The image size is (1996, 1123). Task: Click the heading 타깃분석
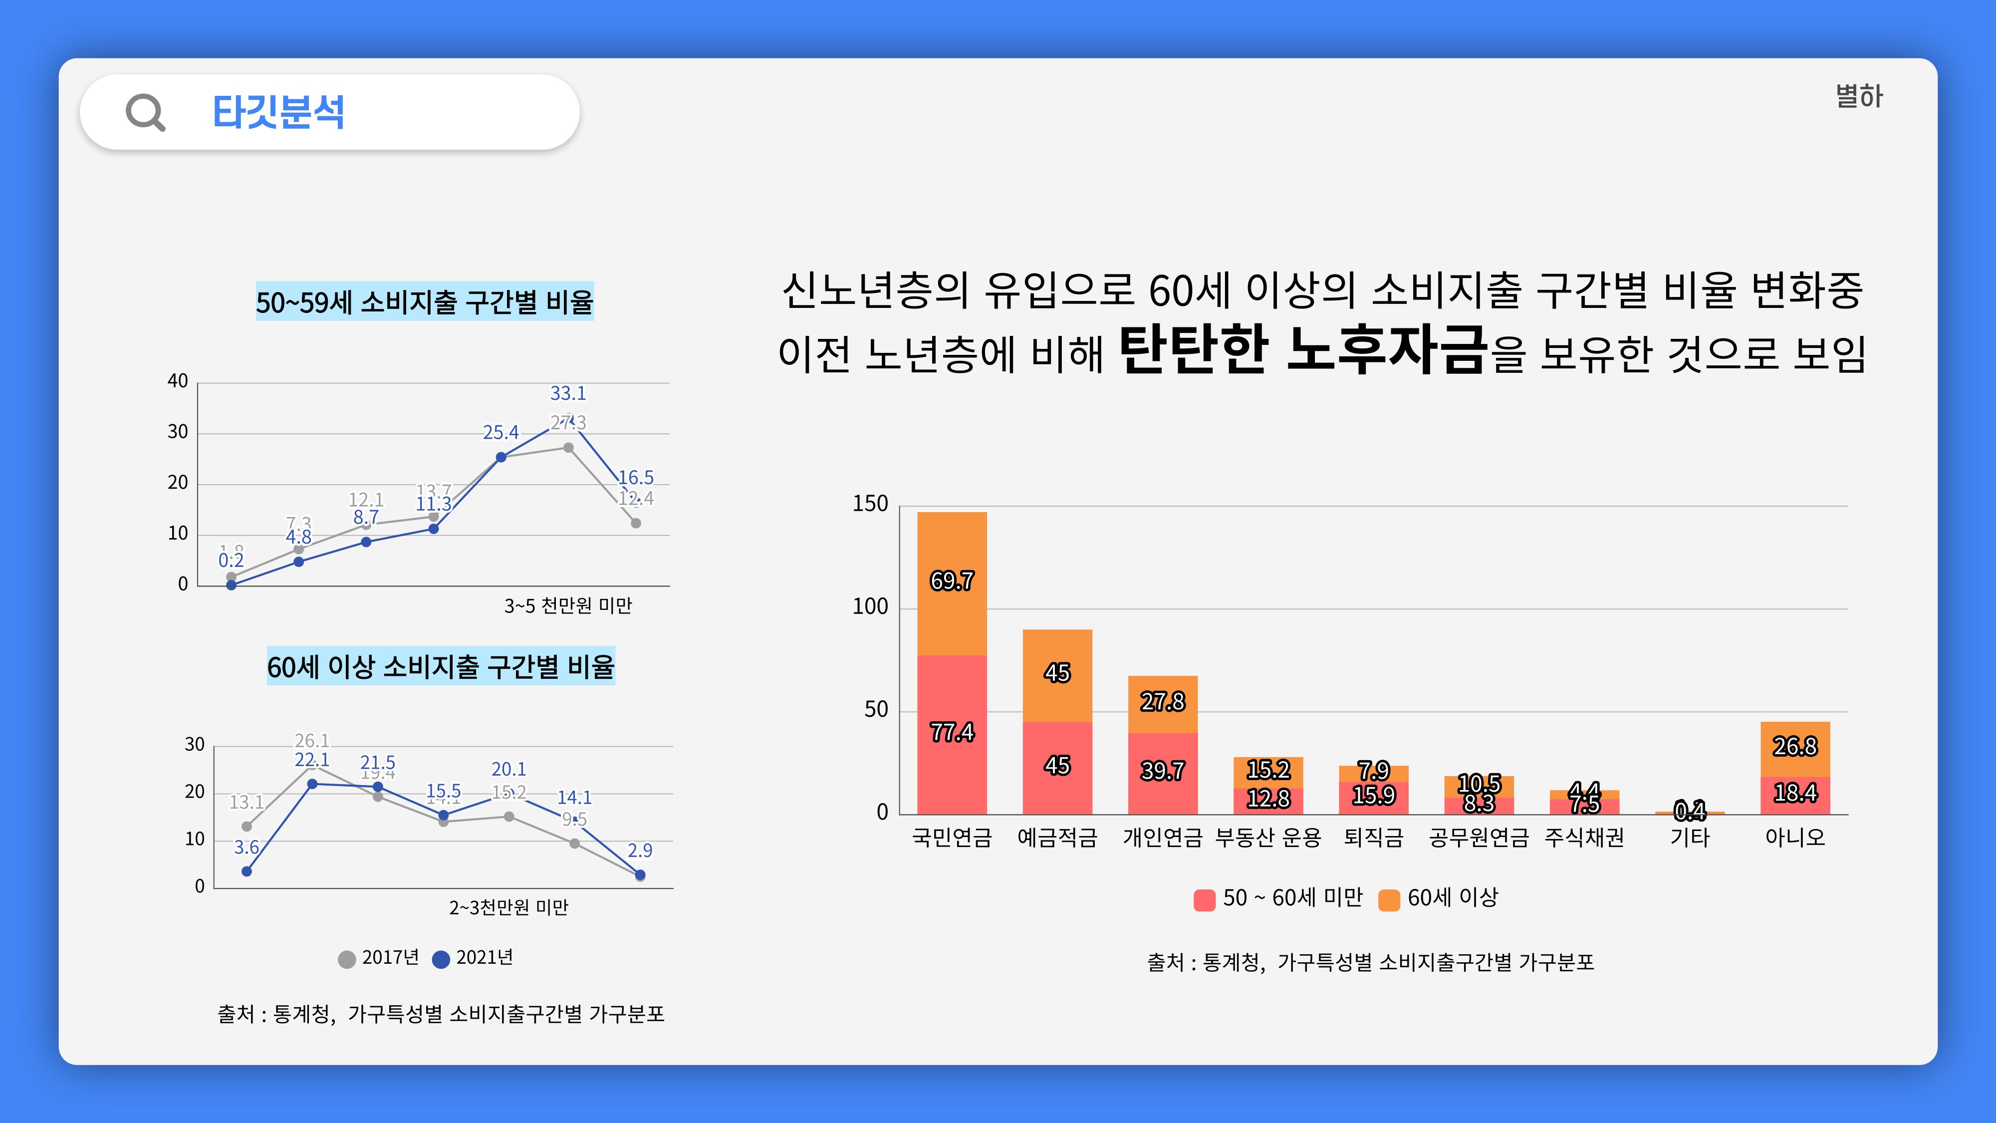coord(278,112)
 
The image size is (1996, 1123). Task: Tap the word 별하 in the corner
coord(1858,97)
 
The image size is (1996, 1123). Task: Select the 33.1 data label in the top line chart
coord(568,394)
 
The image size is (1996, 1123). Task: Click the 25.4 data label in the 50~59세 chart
coord(500,432)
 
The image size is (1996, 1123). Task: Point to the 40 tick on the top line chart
coord(178,381)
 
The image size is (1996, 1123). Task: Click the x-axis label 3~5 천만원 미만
coord(568,606)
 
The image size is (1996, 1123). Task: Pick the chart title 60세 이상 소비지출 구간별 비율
coord(441,666)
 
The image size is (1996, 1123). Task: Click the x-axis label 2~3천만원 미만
coord(508,907)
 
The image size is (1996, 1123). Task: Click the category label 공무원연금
coord(1479,838)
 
